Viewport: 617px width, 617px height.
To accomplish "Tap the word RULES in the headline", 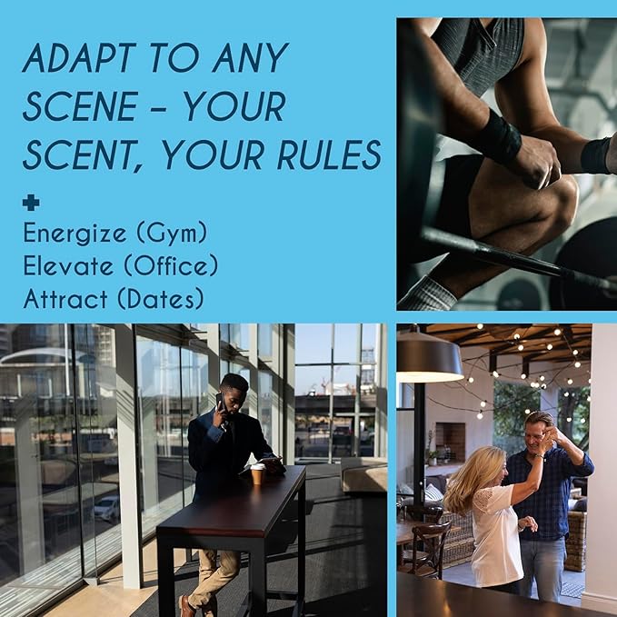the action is click(329, 154).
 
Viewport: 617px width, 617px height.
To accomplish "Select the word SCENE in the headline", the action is click(80, 106).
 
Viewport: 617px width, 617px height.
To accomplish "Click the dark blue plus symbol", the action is click(31, 203).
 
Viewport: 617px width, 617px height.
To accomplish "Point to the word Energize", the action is click(75, 234).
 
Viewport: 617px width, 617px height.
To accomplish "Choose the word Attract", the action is click(65, 299).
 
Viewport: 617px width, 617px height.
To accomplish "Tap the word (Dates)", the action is click(161, 299).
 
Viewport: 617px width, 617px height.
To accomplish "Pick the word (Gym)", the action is click(172, 234).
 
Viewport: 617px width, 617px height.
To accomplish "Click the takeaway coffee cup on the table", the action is click(257, 473).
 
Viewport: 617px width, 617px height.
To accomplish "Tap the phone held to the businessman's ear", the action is click(220, 401).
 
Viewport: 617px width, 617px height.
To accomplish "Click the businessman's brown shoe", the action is click(186, 606).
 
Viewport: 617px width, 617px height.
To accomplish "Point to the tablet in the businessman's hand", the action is click(263, 463).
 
